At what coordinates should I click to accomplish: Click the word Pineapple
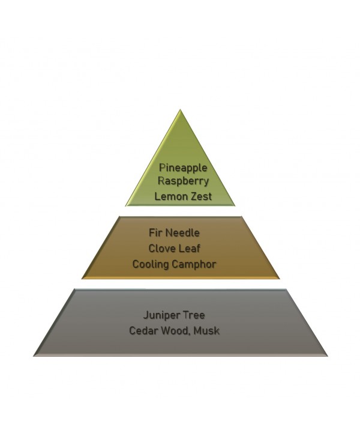pos(183,168)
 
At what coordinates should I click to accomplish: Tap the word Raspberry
pos(183,181)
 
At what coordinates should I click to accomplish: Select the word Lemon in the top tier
pos(167,196)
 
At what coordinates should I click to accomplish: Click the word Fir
pos(154,232)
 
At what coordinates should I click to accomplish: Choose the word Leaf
pos(188,248)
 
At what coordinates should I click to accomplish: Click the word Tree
pos(194,315)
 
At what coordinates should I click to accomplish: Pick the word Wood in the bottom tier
pos(176,331)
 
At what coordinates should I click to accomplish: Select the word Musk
pos(206,331)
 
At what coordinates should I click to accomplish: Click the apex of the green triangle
pos(180,109)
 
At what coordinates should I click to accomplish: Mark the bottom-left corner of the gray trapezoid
pos(34,356)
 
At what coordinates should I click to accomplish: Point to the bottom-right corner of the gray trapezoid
pos(328,356)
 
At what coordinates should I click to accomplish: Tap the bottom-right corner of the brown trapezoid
pos(280,278)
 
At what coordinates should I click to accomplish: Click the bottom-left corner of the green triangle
pos(125,206)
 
